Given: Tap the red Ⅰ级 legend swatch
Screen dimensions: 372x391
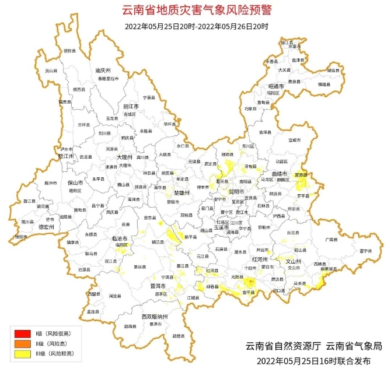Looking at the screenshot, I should [23, 334].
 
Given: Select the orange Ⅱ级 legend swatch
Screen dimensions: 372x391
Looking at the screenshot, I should [23, 343].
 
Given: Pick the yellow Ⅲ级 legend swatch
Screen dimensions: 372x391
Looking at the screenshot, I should [23, 353].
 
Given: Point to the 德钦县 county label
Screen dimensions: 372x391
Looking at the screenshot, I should [69, 51].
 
